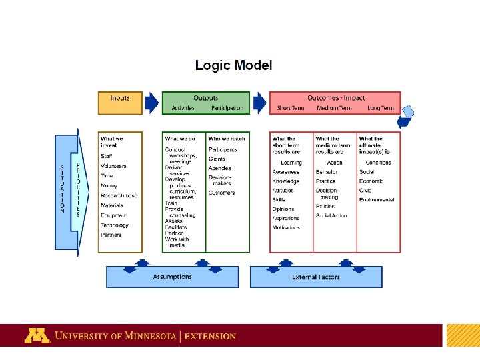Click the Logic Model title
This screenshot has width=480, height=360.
click(233, 65)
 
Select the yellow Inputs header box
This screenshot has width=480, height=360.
click(120, 103)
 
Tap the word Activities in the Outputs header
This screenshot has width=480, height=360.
click(183, 108)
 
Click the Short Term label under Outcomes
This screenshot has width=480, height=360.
click(291, 108)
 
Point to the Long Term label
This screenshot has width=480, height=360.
click(381, 108)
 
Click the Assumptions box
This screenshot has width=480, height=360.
click(172, 277)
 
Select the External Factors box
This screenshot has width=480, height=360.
click(316, 277)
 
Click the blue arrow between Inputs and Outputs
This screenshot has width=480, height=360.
click(152, 103)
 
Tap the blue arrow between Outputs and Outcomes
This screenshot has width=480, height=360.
click(259, 103)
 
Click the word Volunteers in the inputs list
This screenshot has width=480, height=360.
click(113, 166)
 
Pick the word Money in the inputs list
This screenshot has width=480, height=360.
click(109, 185)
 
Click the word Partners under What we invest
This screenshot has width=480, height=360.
click(111, 235)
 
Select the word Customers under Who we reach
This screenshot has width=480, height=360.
click(221, 193)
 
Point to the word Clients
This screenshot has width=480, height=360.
click(217, 159)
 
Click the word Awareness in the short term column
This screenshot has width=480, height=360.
click(285, 172)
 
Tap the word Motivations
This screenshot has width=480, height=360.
click(286, 227)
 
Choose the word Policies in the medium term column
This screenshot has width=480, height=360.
click(325, 207)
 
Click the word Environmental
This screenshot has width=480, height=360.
click(377, 199)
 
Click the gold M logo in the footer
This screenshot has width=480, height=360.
click(37, 335)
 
